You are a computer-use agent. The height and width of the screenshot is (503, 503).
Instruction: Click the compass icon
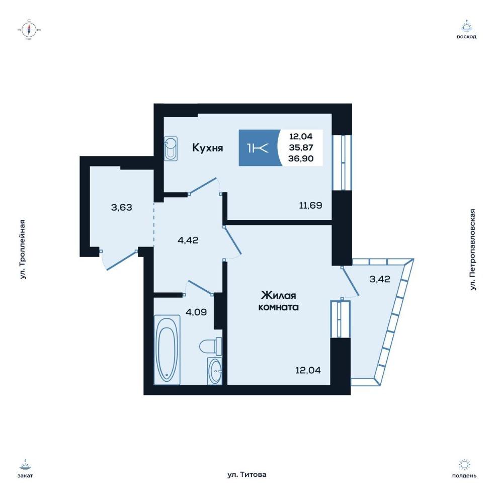[29, 30]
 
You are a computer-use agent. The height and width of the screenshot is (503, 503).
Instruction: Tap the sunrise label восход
[466, 37]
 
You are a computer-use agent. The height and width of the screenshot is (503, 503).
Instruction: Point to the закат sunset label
[25, 475]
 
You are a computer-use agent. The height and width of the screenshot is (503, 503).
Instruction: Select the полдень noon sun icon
[464, 464]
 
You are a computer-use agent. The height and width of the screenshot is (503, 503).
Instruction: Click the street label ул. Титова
[246, 474]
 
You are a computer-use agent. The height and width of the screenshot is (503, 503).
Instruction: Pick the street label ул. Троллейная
[22, 249]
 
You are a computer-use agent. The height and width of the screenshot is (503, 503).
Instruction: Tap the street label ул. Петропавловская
[472, 250]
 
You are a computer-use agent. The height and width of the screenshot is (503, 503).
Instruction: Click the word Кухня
[208, 148]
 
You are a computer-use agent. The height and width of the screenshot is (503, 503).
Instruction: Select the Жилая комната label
[279, 301]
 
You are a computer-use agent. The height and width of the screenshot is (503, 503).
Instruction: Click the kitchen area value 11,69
[310, 205]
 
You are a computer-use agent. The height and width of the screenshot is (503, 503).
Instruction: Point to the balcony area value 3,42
[380, 279]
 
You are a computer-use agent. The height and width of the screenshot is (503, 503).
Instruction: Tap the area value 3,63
[122, 208]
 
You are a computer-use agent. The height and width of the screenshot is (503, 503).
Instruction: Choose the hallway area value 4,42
[188, 240]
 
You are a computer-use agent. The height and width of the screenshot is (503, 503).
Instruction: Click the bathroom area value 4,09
[196, 312]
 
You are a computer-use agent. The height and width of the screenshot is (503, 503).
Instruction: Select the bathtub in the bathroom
[167, 350]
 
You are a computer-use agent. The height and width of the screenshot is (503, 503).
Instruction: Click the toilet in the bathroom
[211, 347]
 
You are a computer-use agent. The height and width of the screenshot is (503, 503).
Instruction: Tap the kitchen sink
[171, 148]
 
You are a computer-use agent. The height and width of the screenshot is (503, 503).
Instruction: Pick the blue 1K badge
[260, 148]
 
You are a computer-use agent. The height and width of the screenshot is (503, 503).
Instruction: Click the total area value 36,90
[301, 158]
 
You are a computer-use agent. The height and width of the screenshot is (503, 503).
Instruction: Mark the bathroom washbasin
[215, 371]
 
